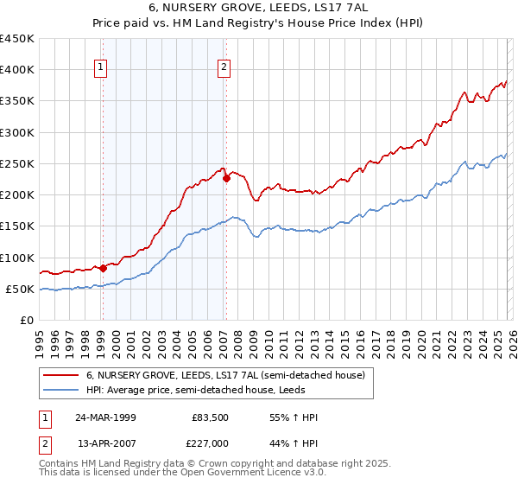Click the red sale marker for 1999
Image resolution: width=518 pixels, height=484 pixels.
coord(103,268)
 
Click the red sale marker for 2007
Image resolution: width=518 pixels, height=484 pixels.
coord(226,179)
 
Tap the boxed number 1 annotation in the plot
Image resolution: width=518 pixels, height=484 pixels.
coord(101,68)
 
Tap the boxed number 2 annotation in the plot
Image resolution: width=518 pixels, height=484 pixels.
coord(224,68)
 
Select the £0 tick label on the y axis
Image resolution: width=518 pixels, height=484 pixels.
coord(26,320)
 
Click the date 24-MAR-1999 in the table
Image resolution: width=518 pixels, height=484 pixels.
coord(105,417)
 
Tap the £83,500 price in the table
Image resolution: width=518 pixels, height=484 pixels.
coord(210,417)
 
